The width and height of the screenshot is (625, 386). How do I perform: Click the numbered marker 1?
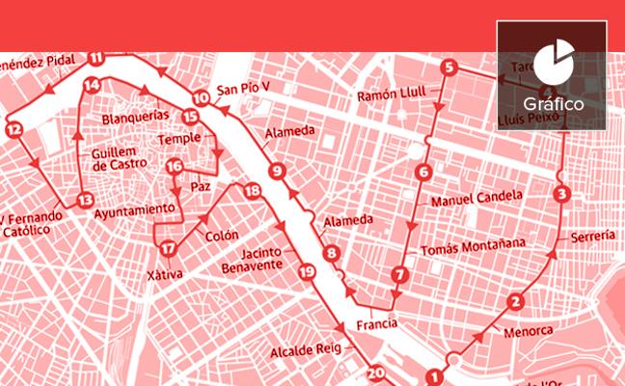(435, 377)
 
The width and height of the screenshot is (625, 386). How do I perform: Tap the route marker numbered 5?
(448, 68)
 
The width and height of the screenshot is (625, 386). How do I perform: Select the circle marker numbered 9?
(277, 173)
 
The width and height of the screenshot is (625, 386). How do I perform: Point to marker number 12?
(13, 129)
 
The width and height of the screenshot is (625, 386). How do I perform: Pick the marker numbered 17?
(168, 248)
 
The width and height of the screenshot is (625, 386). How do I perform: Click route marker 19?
(307, 271)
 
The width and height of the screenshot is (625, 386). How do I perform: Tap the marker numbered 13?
(85, 201)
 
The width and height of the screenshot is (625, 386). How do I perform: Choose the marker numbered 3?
(562, 194)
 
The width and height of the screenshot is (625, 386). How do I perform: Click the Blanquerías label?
(135, 117)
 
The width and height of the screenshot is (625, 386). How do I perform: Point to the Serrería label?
(591, 235)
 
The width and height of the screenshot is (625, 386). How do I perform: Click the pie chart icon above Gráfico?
(551, 62)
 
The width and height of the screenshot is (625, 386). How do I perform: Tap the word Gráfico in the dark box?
(551, 101)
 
